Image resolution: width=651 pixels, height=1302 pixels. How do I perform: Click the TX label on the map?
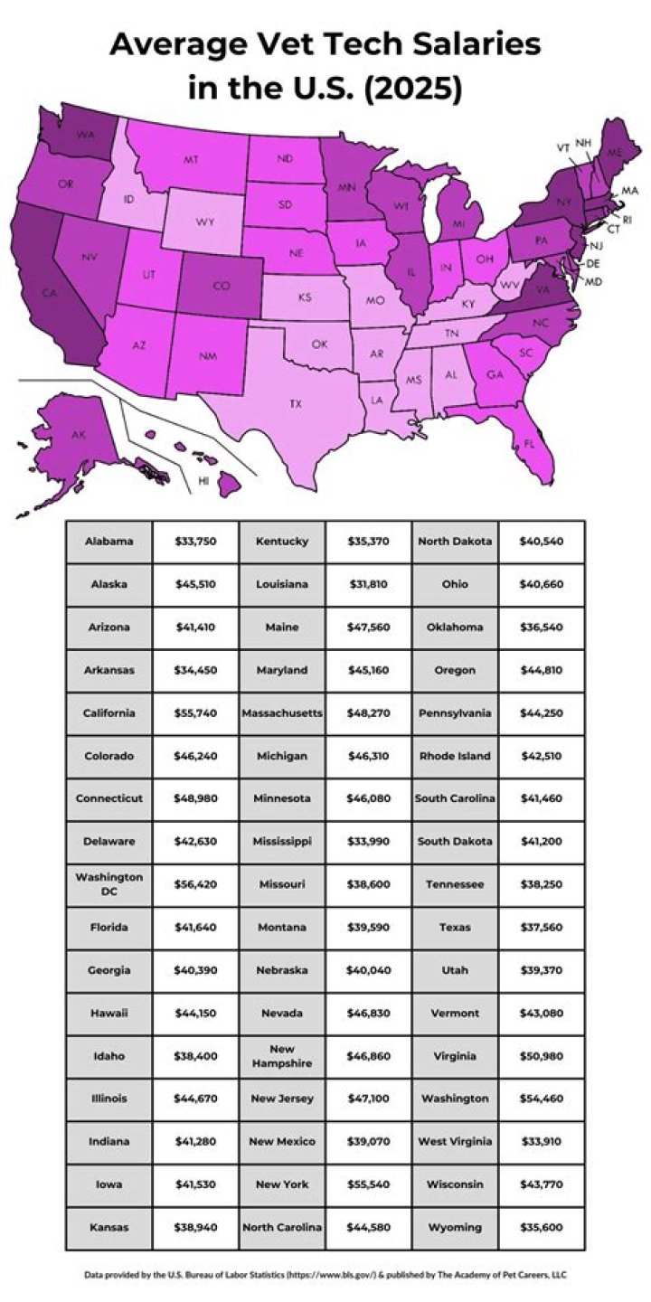click(295, 403)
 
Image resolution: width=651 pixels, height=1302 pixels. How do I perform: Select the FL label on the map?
click(529, 444)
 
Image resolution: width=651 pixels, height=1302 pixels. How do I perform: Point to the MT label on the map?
click(191, 159)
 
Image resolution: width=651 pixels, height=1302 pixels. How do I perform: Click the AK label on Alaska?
click(79, 435)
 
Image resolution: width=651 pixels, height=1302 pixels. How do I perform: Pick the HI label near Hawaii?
click(203, 481)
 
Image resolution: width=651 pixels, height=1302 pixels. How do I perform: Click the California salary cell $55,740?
click(195, 712)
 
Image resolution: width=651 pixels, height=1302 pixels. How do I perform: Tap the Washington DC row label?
click(109, 884)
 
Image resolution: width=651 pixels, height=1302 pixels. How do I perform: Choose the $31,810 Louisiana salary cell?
click(368, 584)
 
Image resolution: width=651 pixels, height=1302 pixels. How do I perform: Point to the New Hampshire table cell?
click(282, 1055)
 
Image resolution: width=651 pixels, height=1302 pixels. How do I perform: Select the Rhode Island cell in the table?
click(456, 756)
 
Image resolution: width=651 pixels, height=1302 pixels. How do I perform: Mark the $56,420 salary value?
click(195, 884)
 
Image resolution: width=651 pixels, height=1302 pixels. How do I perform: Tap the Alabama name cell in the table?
click(109, 542)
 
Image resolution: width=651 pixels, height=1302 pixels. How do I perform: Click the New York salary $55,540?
click(368, 1184)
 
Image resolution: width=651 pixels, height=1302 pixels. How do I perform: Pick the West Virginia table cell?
click(456, 1141)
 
